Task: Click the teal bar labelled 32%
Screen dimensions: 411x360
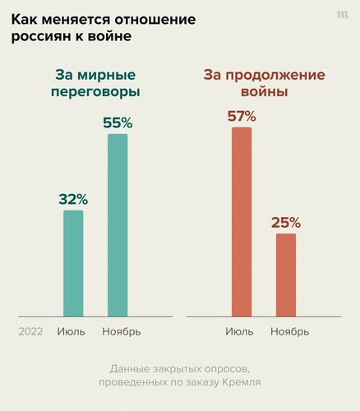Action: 73,263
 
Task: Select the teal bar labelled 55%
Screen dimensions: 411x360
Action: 118,224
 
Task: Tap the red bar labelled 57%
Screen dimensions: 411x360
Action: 241,222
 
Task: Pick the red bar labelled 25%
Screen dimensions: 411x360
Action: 285,275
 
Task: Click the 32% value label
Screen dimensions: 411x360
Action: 73,199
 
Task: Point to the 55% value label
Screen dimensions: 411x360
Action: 118,122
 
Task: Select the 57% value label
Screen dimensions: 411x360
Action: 241,116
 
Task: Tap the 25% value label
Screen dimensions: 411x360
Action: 285,222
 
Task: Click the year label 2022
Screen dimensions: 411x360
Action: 30,331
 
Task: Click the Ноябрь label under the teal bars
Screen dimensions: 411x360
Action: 121,331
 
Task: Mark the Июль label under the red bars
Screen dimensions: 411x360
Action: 239,331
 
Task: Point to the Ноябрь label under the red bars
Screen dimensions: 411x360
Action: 289,331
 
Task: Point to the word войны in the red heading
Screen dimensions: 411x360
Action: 264,92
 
